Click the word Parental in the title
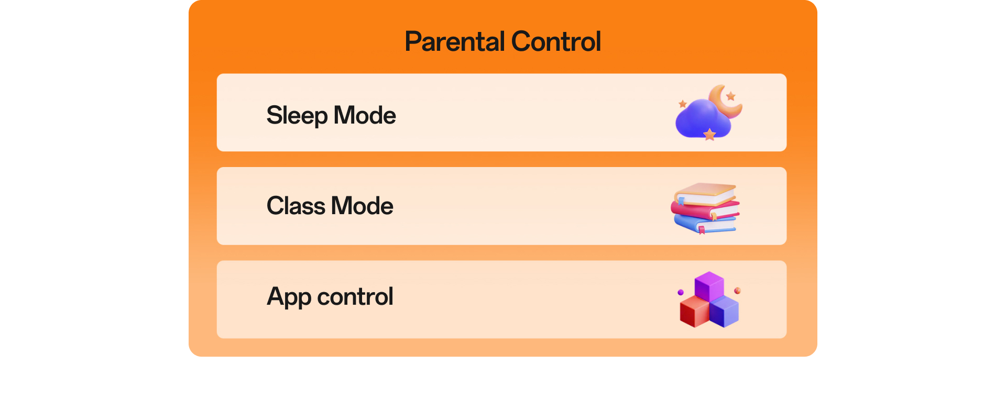click(455, 41)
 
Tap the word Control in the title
click(556, 41)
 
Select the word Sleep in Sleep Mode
click(297, 116)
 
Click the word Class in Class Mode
click(296, 206)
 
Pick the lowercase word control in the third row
click(355, 296)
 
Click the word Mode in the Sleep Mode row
click(365, 115)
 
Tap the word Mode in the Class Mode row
click(362, 206)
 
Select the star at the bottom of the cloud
click(709, 135)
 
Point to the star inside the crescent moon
click(730, 96)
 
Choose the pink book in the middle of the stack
click(705, 210)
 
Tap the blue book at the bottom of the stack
click(705, 224)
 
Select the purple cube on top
click(709, 286)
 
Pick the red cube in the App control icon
click(694, 311)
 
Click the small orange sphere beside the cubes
click(737, 291)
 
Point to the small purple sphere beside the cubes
click(681, 292)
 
